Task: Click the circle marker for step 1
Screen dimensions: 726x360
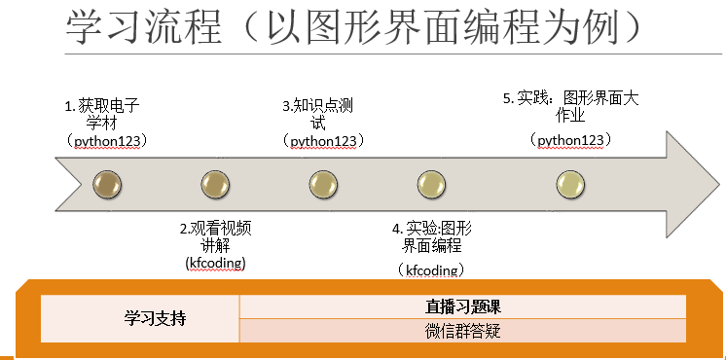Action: pos(106,182)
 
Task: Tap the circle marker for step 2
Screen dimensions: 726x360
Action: pos(215,182)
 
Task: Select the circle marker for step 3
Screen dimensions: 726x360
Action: pos(323,182)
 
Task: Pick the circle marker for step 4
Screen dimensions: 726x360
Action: pos(430,182)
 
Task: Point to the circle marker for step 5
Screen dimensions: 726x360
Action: pos(570,182)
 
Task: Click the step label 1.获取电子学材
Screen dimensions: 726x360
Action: pos(102,113)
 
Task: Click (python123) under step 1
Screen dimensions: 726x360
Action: pos(102,140)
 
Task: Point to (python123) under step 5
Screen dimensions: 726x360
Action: pos(570,140)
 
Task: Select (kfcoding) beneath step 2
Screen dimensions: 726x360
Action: pos(215,263)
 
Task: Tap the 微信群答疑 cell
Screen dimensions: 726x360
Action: pos(463,331)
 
